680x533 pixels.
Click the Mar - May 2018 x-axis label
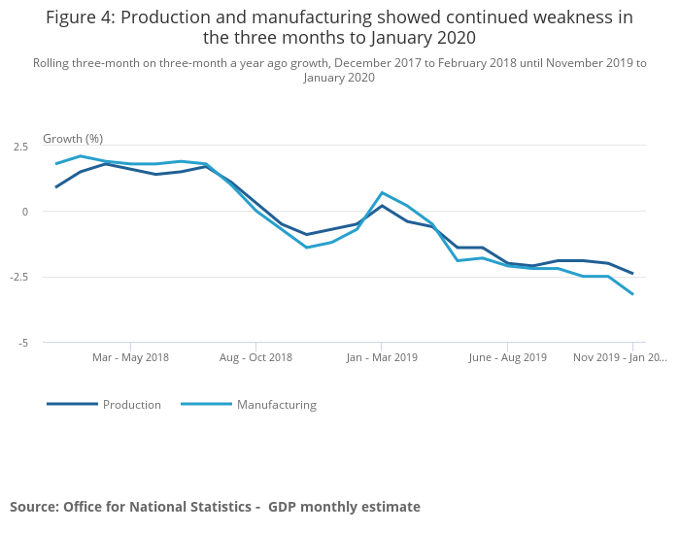tap(130, 357)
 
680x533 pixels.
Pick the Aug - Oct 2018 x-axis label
tap(255, 357)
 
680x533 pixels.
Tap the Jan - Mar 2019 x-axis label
tap(381, 357)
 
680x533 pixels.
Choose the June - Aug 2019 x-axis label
tap(507, 357)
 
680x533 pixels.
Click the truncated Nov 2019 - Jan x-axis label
tap(620, 357)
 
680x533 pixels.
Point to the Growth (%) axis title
tap(73, 139)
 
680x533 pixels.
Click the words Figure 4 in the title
tap(79, 17)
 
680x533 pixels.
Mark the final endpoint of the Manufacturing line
tap(633, 294)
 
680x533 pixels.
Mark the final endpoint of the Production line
tap(633, 274)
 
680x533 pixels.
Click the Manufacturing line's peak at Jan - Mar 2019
tap(382, 192)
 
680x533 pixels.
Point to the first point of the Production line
tap(55, 187)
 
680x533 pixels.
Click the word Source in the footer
tap(34, 507)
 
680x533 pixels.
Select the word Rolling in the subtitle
tap(52, 63)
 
